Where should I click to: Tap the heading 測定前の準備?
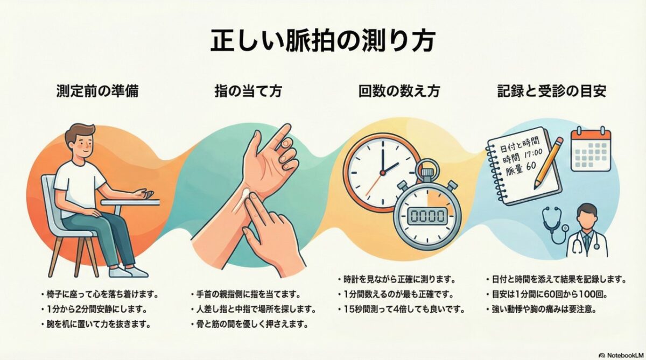pos(97,91)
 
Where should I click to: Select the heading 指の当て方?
pos(248,91)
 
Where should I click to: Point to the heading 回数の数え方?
pos(399,91)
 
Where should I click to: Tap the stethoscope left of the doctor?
pos(554,226)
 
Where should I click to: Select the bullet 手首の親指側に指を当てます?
pos(248,294)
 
